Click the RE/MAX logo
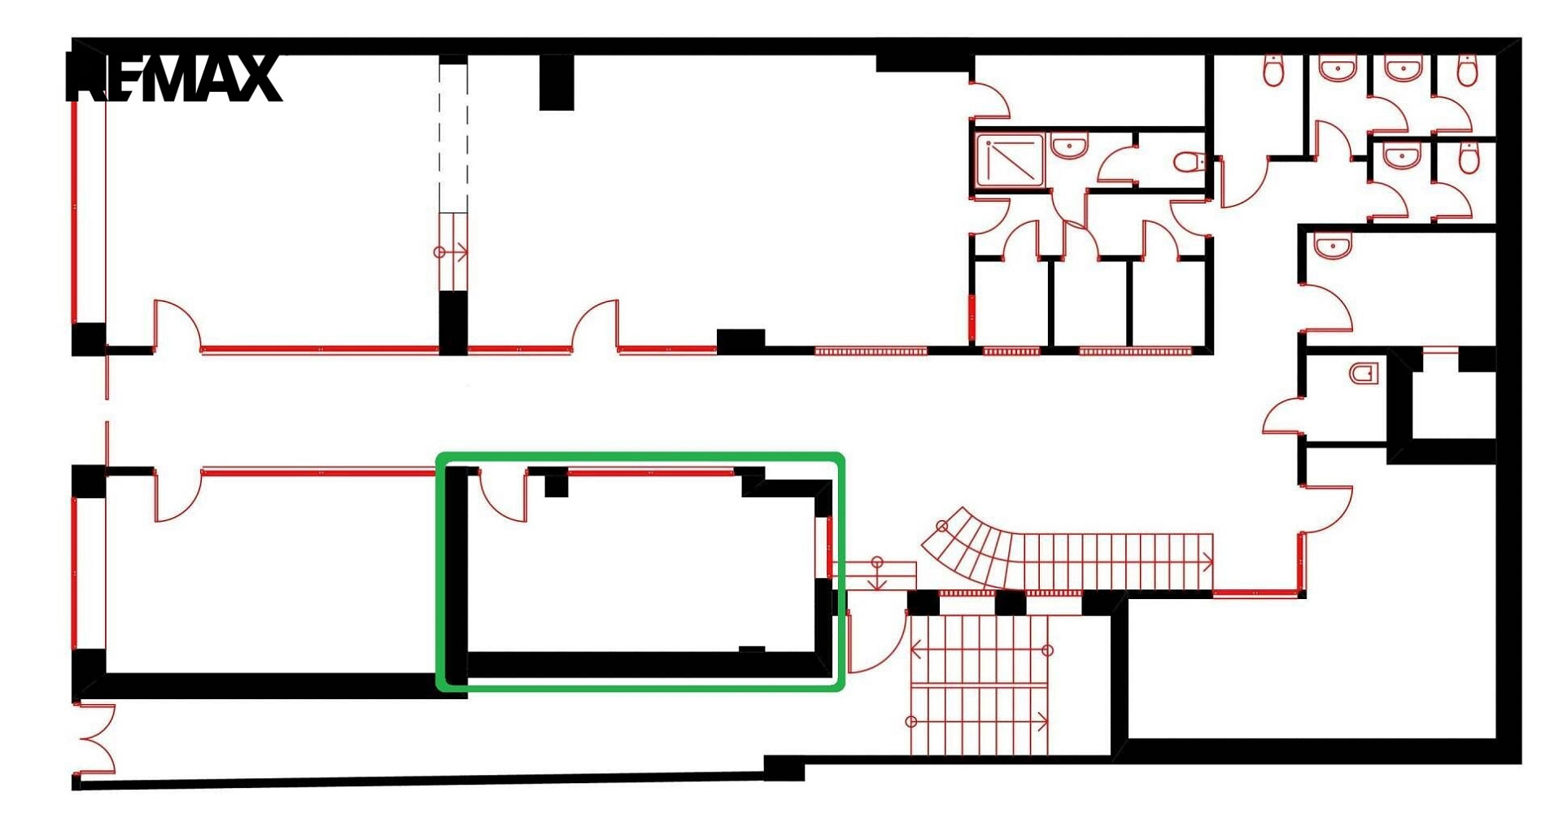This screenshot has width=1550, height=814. click(x=173, y=78)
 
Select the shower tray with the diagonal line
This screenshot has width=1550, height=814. click(x=1011, y=160)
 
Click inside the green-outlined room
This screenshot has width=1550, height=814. click(x=643, y=570)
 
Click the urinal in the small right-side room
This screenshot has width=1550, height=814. click(x=1364, y=374)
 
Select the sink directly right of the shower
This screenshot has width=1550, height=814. click(x=1068, y=147)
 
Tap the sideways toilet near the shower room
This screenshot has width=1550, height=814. click(x=1189, y=162)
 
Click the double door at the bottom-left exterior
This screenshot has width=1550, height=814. click(x=95, y=738)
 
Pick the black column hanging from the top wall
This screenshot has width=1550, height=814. click(x=557, y=82)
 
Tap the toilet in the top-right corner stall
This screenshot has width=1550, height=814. click(x=1465, y=70)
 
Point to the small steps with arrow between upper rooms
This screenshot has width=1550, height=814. click(x=453, y=252)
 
